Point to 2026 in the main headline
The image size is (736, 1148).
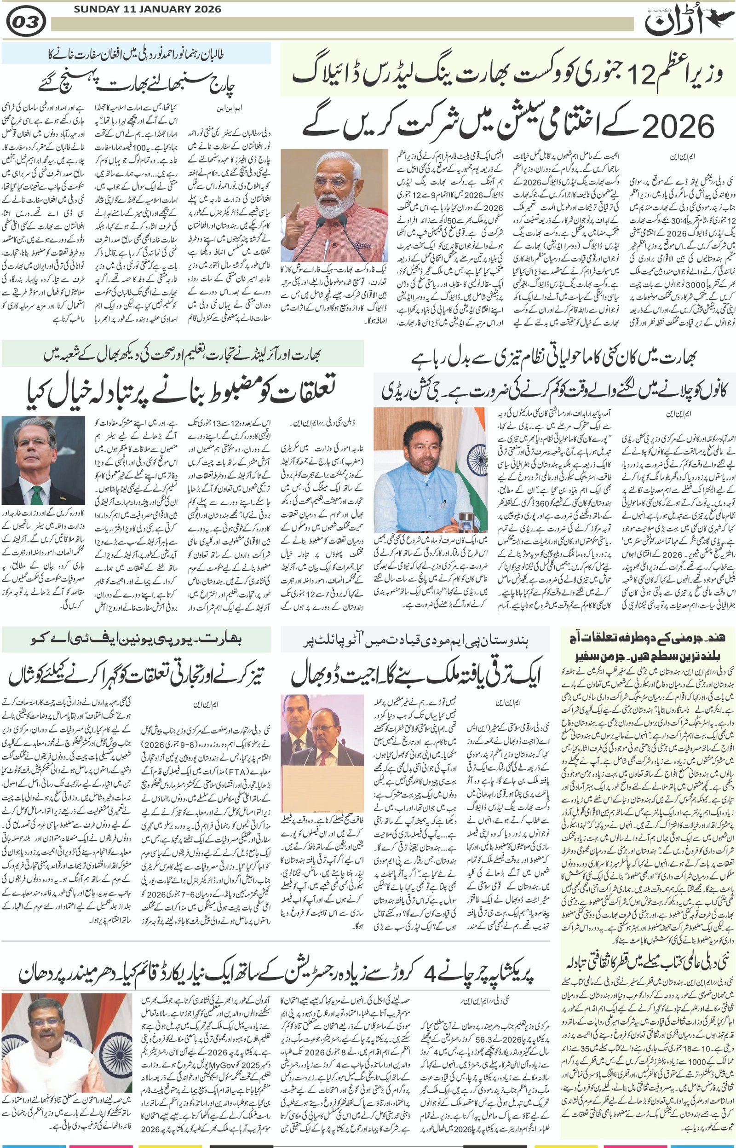coord(678,125)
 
